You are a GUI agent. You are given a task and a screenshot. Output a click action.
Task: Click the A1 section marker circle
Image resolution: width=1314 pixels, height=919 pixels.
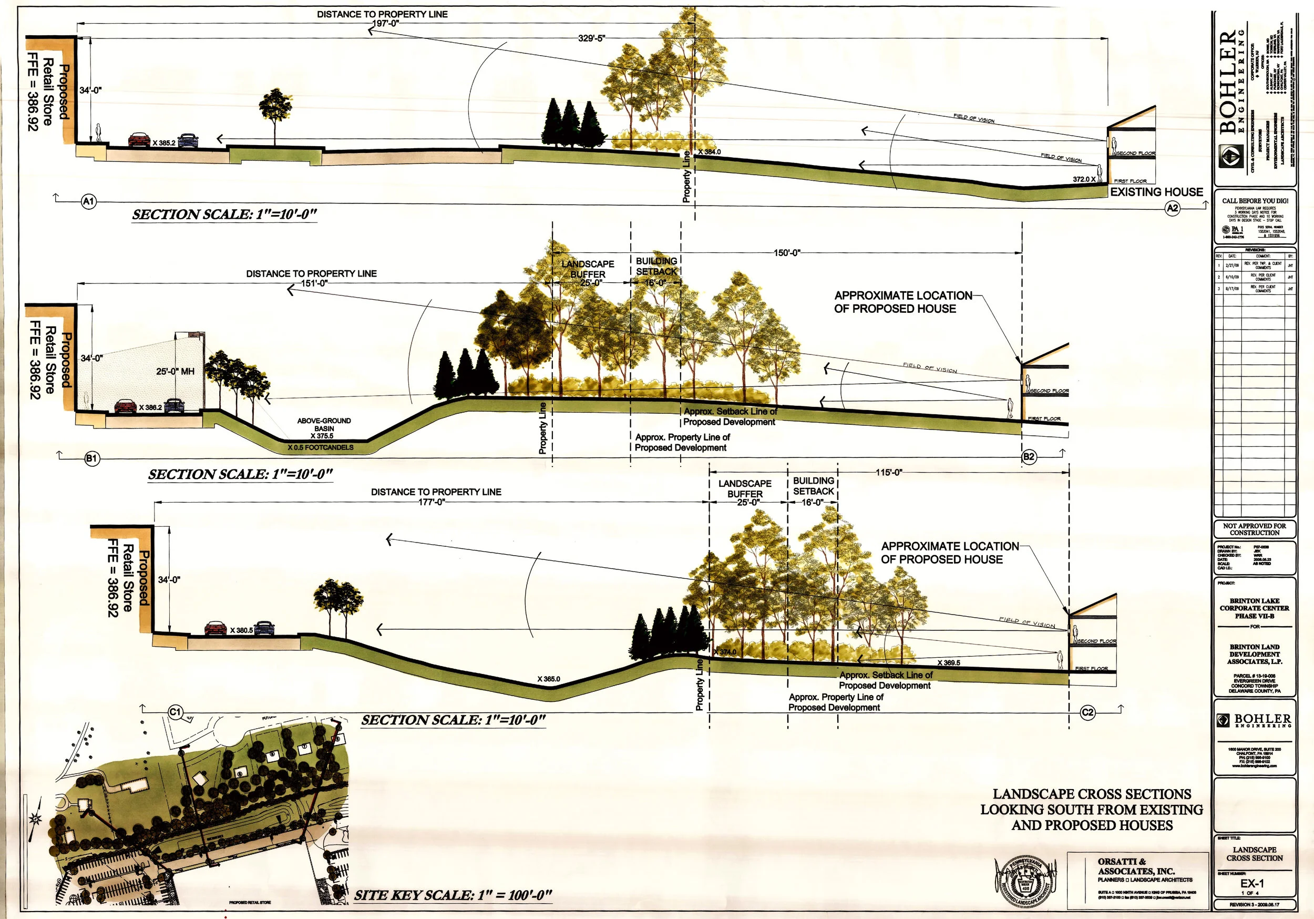(89, 201)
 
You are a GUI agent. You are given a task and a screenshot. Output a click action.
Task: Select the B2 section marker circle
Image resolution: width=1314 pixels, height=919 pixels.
(1029, 456)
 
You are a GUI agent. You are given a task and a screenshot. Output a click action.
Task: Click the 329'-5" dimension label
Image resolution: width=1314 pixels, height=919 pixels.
(591, 39)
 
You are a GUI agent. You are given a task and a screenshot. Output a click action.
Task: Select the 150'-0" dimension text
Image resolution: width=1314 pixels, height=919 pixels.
(787, 252)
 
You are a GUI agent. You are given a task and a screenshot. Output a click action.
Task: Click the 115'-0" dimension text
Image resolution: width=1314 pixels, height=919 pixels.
(889, 473)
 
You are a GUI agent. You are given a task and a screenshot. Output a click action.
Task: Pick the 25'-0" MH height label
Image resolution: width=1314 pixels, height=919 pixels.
(175, 372)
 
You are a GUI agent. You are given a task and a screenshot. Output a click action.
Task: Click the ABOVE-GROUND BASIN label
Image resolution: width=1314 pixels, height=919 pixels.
(324, 424)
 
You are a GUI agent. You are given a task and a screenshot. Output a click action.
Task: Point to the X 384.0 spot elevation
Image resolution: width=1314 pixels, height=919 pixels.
(709, 152)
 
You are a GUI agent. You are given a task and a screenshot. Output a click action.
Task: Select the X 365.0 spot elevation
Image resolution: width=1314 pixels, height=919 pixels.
(548, 679)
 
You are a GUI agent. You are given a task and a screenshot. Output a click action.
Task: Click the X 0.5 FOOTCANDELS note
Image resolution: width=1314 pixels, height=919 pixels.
(321, 447)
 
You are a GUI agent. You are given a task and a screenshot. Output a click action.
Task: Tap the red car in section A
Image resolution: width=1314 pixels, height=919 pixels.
(139, 140)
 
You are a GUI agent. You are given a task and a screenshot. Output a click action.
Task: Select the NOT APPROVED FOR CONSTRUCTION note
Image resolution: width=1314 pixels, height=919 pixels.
(1255, 529)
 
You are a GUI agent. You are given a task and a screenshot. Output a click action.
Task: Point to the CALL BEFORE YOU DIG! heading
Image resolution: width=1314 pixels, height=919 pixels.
(1255, 200)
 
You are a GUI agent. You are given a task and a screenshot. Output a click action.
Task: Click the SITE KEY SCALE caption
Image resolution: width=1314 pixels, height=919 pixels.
(453, 895)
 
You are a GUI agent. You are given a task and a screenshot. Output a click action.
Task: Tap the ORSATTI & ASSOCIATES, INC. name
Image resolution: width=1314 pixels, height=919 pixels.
(1136, 866)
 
